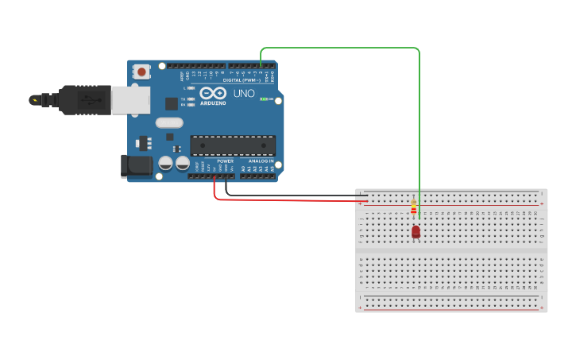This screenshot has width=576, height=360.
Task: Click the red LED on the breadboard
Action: click(416, 231)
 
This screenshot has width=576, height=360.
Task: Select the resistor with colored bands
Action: click(413, 209)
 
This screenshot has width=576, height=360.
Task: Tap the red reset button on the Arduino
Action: click(141, 72)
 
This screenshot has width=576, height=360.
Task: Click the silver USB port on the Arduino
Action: click(130, 100)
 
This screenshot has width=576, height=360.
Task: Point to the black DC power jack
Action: click(135, 165)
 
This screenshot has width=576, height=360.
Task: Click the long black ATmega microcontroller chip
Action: click(233, 145)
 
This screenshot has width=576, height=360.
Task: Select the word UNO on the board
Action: click(244, 94)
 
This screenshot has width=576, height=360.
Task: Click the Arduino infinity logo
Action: click(213, 93)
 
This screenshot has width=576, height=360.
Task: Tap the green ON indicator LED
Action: click(264, 99)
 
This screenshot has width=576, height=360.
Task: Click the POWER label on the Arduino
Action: click(226, 161)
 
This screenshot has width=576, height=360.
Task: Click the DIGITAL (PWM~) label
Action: click(242, 80)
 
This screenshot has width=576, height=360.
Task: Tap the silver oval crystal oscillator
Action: click(169, 122)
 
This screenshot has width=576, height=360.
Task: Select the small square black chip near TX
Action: click(171, 103)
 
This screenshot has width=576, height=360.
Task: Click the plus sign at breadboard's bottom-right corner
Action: click(542, 307)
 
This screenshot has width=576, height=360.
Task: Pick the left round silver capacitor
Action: click(165, 163)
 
